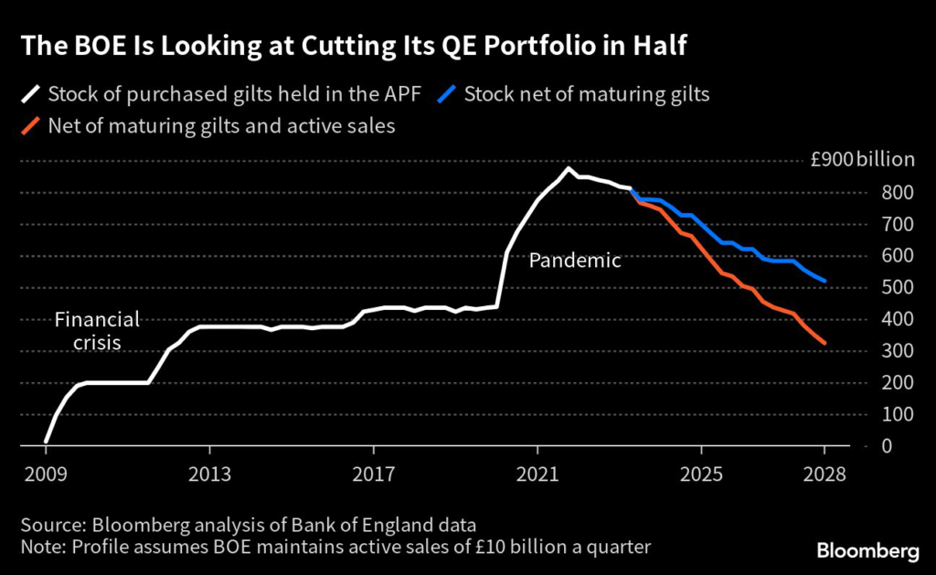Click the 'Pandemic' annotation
(575, 261)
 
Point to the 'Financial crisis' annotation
(97, 330)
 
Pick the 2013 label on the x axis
(209, 476)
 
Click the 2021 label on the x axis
(537, 476)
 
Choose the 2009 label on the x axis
(46, 476)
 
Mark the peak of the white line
(568, 168)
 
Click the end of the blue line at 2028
(825, 281)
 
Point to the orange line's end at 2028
(825, 343)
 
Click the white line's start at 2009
(46, 442)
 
